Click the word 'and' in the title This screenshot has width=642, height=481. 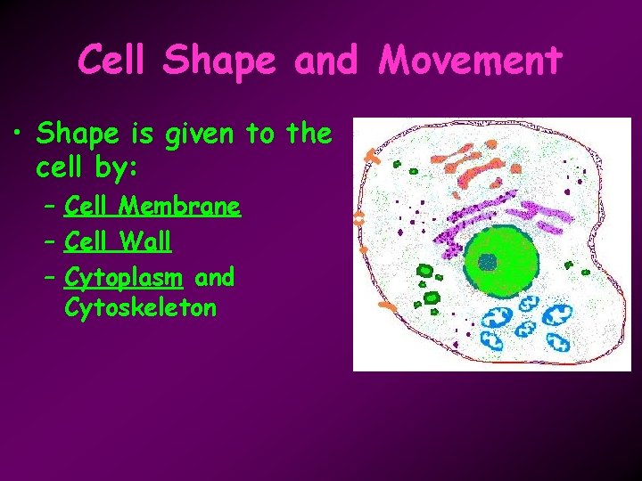click(x=323, y=61)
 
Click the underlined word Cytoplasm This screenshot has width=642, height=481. click(x=123, y=277)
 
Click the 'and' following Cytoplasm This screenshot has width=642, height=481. click(x=214, y=277)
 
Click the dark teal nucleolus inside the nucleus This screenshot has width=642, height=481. click(x=487, y=261)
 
